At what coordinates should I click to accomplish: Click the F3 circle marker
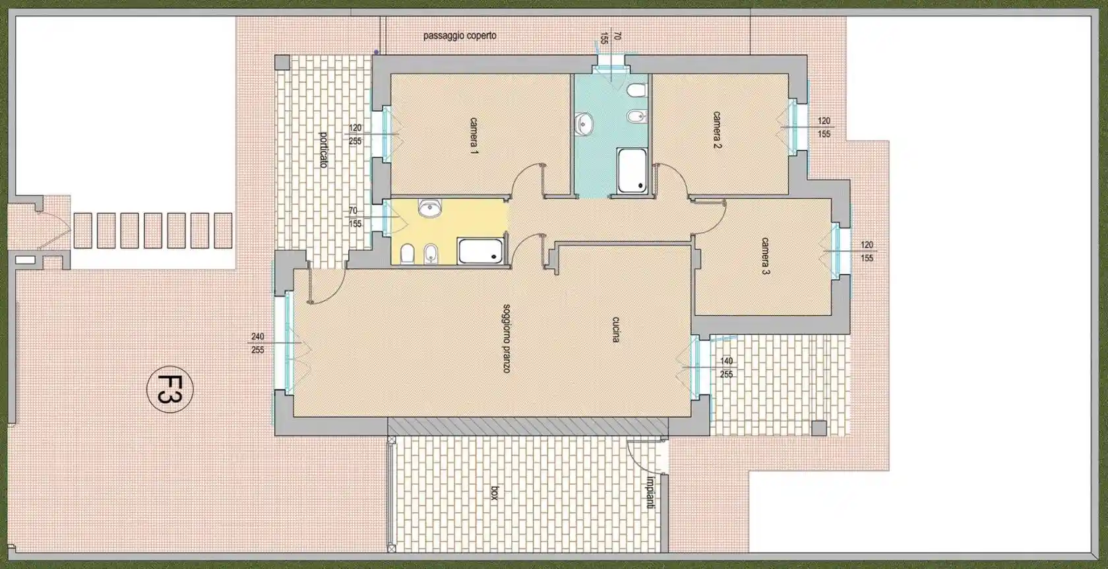[169, 389]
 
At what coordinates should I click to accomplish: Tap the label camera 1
[474, 136]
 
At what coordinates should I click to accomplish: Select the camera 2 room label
[716, 129]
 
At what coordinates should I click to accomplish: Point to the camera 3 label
[765, 256]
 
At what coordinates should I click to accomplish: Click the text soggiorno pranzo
[507, 338]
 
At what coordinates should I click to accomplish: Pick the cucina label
[615, 329]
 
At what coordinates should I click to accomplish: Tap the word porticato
[323, 149]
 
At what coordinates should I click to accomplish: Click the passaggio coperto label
[460, 36]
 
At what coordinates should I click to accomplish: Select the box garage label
[494, 493]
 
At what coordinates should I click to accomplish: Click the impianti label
[650, 492]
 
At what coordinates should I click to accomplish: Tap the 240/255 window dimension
[258, 343]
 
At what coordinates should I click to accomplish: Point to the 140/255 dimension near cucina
[726, 368]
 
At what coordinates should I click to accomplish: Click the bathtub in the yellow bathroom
[480, 251]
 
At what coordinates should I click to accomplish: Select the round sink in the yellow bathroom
[429, 209]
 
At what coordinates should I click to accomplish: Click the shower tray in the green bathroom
[632, 171]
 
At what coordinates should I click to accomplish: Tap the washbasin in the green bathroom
[584, 123]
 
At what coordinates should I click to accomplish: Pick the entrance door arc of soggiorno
[324, 290]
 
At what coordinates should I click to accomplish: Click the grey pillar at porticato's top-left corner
[282, 63]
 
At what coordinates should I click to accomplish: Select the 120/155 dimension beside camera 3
[867, 251]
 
